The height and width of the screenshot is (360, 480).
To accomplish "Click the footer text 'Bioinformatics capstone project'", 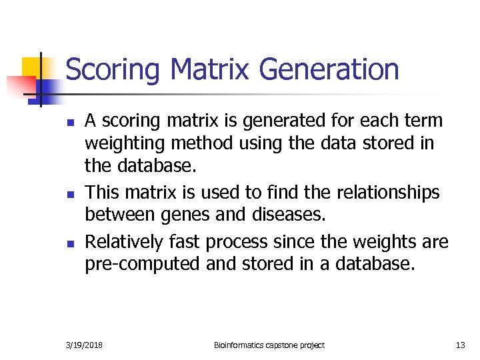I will (269, 345).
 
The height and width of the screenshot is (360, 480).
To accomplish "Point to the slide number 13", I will (460, 345).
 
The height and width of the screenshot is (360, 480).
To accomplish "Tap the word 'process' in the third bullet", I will (233, 242).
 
